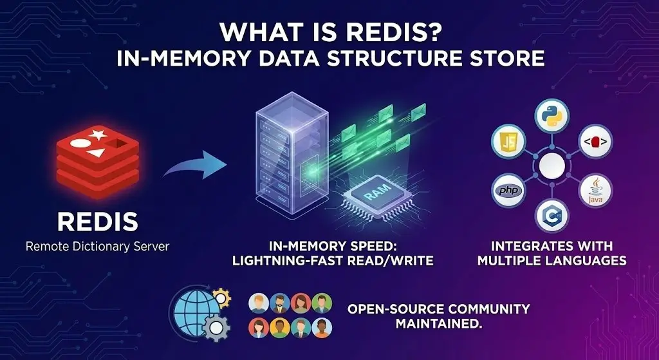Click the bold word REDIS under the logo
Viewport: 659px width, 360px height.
click(x=97, y=222)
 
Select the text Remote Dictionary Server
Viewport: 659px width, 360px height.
click(x=97, y=247)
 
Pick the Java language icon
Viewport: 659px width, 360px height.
click(x=595, y=191)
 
